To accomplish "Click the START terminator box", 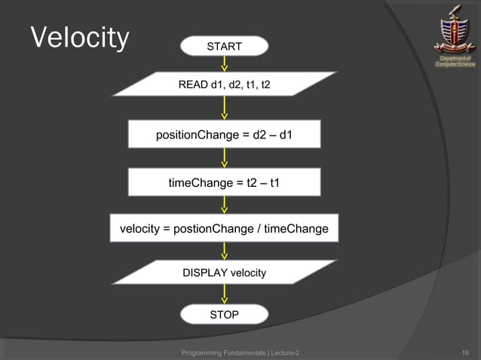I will (225, 47).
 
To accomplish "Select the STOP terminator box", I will (225, 314).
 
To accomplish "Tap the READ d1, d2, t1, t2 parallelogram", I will (225, 85).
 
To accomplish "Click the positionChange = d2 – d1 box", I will (225, 136).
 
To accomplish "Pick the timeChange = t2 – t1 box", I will (225, 182).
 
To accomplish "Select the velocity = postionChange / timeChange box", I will (225, 228).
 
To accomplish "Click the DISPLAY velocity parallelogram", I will (225, 272).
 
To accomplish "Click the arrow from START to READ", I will (225, 64).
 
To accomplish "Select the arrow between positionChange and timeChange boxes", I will (225, 158).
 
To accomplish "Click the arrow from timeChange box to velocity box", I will (225, 205).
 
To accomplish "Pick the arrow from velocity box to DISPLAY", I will (225, 252).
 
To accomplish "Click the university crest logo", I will (454, 29).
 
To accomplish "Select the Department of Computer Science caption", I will (455, 61).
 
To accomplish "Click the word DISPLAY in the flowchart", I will (205, 272).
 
